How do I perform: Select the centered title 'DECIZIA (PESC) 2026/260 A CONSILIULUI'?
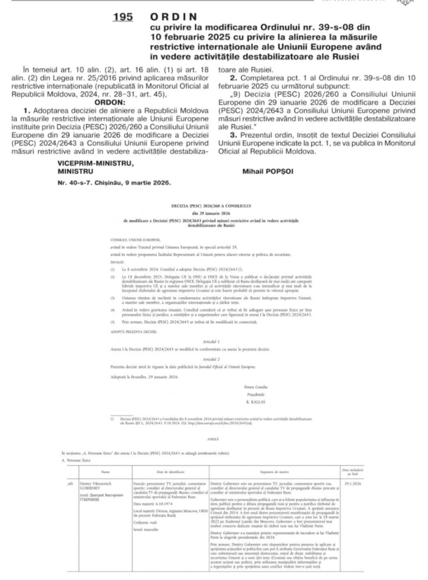[214, 209]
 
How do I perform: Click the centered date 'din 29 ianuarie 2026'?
[214, 217]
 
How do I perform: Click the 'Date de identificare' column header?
[169, 471]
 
